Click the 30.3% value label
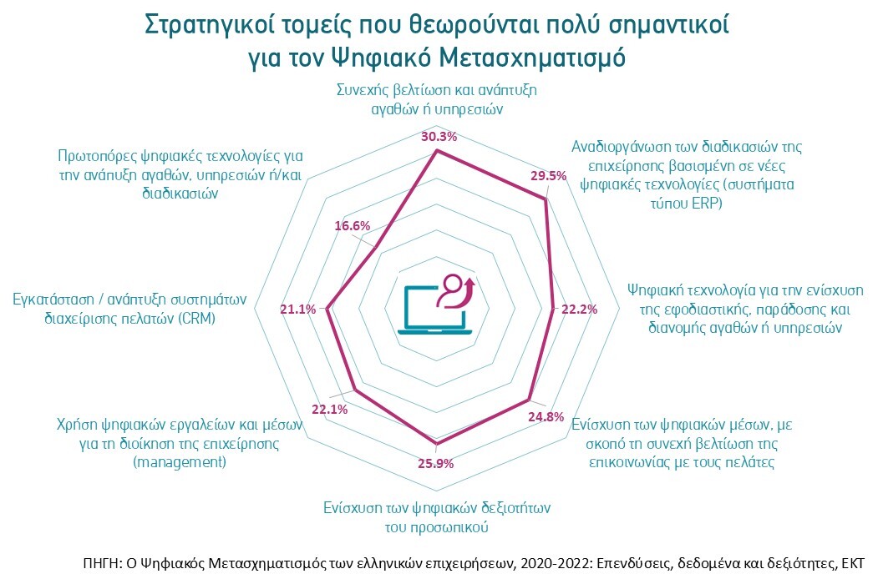pos(439,137)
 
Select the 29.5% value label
pos(549,176)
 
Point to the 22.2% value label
pos(579,310)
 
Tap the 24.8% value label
pos(546,417)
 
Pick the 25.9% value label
pos(434,463)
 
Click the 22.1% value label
pos(329,409)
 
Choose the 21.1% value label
pos(297,310)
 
